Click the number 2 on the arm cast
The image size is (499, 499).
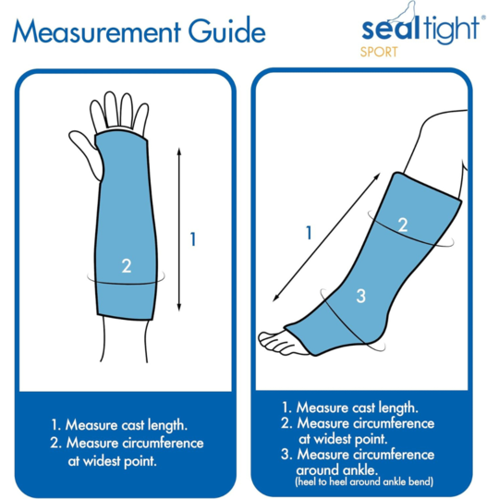pyautogui.click(x=127, y=266)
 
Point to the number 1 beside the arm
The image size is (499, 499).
pyautogui.click(x=193, y=239)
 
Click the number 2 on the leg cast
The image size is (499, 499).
pyautogui.click(x=403, y=225)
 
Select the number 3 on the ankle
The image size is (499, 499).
pyautogui.click(x=361, y=297)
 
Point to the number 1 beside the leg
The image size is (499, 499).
pyautogui.click(x=310, y=232)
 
